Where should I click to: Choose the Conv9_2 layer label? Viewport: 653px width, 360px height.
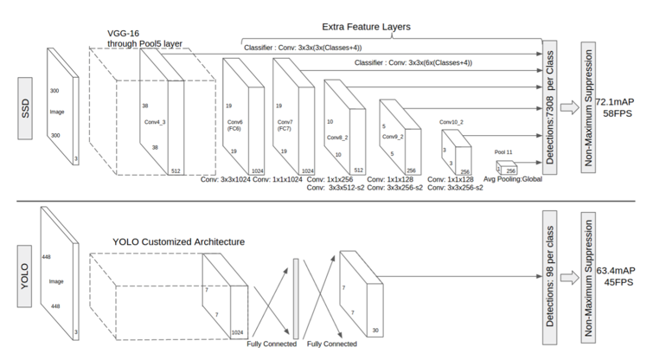pos(390,138)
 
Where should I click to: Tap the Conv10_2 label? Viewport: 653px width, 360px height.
pos(452,121)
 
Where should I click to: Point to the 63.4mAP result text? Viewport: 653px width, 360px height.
pos(615,270)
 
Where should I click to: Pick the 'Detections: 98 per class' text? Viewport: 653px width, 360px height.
pos(548,278)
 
